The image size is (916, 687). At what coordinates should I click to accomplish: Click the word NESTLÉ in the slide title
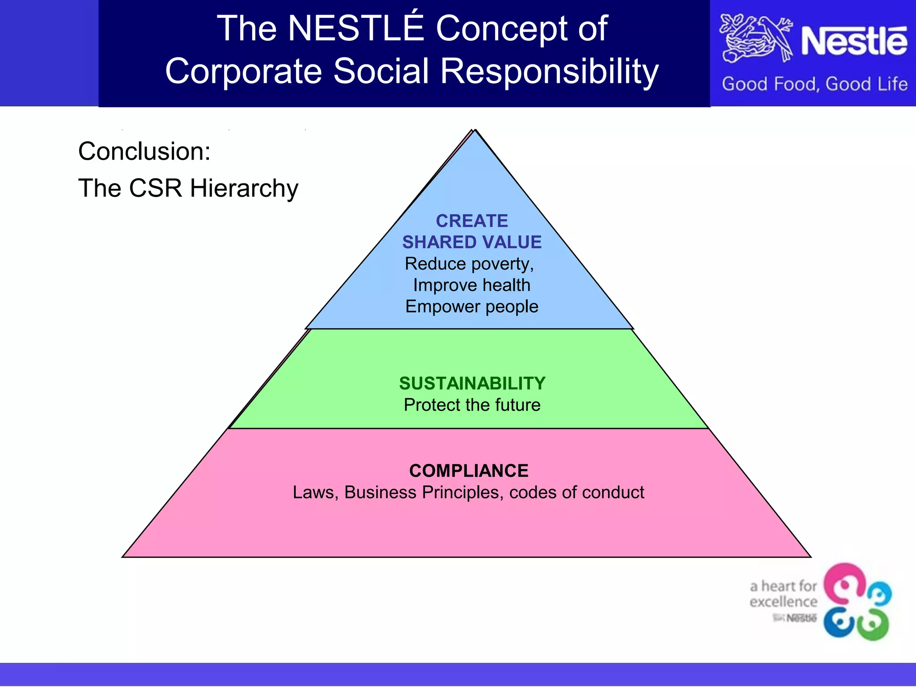(x=356, y=29)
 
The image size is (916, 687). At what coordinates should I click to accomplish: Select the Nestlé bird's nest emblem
(x=756, y=39)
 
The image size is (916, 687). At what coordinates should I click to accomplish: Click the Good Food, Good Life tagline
(x=814, y=84)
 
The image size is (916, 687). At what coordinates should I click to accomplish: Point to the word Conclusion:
(x=144, y=151)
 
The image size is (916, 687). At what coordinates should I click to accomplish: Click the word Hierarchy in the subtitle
(x=244, y=188)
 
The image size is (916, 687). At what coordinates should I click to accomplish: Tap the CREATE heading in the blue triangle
(x=472, y=221)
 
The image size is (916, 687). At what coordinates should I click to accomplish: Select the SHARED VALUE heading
(x=472, y=242)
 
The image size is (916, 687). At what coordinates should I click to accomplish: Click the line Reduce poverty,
(x=469, y=264)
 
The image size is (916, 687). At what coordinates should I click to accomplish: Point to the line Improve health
(x=471, y=285)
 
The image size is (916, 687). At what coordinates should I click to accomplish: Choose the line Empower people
(x=472, y=306)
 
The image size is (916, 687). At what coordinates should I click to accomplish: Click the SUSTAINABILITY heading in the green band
(x=472, y=383)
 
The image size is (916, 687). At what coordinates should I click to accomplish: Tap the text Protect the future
(x=472, y=405)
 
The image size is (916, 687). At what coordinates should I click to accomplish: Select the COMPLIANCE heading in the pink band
(x=469, y=471)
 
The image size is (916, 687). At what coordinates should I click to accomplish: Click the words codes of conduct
(x=577, y=492)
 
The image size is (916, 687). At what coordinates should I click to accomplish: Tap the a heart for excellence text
(x=783, y=594)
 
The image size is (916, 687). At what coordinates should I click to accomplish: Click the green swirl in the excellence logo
(x=873, y=624)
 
